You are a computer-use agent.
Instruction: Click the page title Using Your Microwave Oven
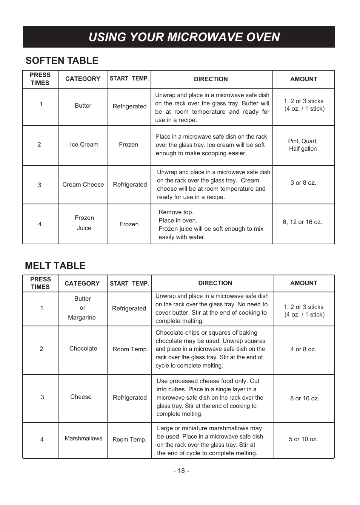pos(184,37)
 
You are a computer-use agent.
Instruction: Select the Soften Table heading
pos(62,60)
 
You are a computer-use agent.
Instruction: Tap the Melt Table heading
pos(55,266)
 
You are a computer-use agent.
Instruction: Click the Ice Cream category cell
pos(84,145)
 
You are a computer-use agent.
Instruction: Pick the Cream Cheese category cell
pos(83,185)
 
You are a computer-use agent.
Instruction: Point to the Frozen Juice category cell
pos(84,223)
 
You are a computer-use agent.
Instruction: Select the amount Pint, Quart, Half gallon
pos(303,145)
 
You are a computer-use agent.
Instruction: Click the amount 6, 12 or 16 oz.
pos(302,222)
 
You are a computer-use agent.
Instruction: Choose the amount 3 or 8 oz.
pos(303,183)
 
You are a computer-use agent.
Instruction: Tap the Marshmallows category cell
pos(83,439)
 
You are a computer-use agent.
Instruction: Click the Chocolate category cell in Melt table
pos(83,349)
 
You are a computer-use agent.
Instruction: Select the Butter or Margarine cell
pos(82,308)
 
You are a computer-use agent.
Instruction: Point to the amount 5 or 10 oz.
pos(303,439)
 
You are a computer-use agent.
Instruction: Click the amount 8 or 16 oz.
pos(305,398)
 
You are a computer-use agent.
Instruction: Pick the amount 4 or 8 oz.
pos(303,349)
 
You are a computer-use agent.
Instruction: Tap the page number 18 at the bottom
pos(181,471)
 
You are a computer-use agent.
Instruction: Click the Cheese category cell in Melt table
pos(81,397)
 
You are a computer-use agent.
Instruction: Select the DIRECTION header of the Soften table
pos(211,79)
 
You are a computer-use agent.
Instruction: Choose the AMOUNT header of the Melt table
pos(303,283)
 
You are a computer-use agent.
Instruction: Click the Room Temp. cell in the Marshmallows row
pos(129,440)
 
